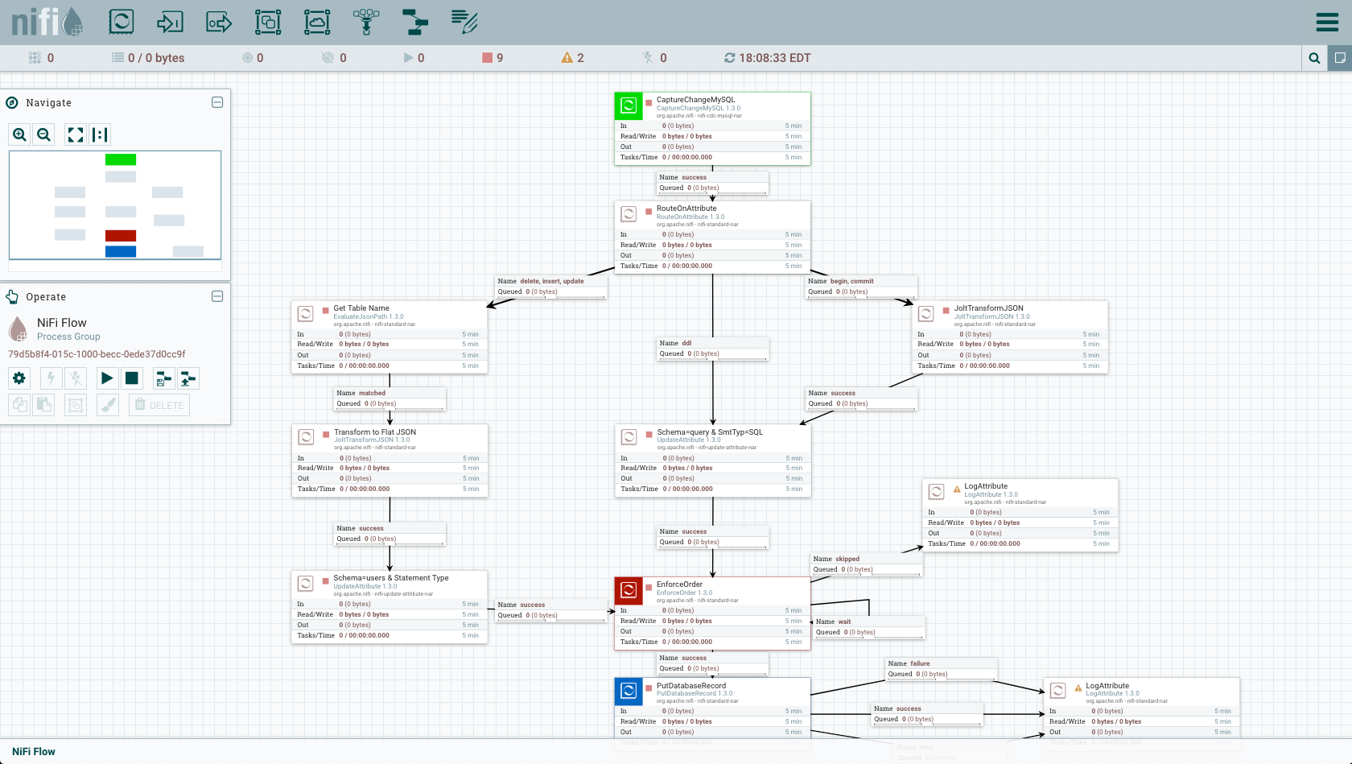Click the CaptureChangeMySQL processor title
(695, 100)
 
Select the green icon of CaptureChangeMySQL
(629, 105)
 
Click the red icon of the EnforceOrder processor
(629, 590)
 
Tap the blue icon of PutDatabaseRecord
(629, 691)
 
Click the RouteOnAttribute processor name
(686, 209)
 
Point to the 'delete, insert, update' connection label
(551, 281)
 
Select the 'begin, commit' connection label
(851, 281)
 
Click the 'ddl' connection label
(686, 343)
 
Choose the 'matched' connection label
(372, 393)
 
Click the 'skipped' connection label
(847, 559)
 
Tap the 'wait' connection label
(844, 622)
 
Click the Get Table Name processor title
(361, 308)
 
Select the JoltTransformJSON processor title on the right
(988, 308)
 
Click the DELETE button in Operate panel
(159, 405)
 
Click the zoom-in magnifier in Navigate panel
(20, 134)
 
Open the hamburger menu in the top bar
(1327, 22)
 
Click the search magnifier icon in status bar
(1314, 58)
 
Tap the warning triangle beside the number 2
(567, 58)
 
